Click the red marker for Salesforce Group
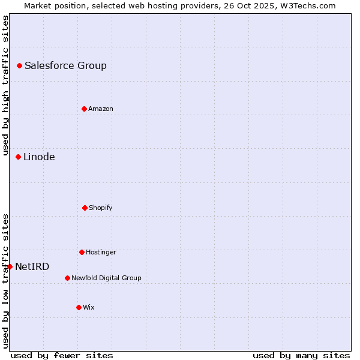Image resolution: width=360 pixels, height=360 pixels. tap(19, 65)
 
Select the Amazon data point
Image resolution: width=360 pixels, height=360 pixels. tap(84, 109)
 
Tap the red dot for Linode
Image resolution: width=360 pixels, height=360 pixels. tap(18, 157)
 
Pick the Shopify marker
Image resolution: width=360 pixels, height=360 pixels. tap(85, 208)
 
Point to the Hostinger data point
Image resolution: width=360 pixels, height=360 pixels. tap(82, 252)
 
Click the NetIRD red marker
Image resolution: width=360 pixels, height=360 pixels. tap(10, 266)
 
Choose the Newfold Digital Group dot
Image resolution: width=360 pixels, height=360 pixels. tap(67, 278)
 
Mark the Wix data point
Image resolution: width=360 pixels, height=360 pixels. tap(79, 307)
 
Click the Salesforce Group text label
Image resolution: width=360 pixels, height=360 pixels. tap(65, 65)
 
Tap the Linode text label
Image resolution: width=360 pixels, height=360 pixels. tap(39, 157)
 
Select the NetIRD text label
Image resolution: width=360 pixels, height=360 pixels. tap(32, 266)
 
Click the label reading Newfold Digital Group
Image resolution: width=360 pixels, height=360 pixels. tap(106, 278)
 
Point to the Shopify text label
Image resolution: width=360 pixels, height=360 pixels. tap(100, 208)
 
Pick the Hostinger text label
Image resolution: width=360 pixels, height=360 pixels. tap(101, 252)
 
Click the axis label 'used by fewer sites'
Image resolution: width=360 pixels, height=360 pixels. tap(62, 355)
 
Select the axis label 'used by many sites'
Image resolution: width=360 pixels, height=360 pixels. tap(301, 355)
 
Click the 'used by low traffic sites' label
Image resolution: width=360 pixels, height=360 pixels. tap(5, 281)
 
